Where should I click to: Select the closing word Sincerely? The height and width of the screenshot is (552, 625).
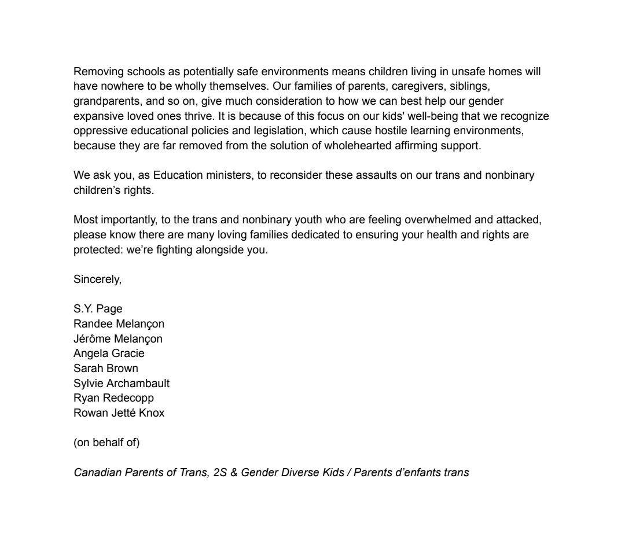pos(97,279)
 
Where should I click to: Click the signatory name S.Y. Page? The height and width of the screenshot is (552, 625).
pos(98,309)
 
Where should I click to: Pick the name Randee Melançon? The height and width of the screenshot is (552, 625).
pos(119,324)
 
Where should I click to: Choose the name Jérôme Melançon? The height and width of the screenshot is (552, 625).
pos(118,338)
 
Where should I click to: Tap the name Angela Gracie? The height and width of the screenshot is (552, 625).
pos(109,354)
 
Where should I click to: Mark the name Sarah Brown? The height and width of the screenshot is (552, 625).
pos(106,369)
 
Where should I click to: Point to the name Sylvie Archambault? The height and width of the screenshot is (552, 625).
pos(122,384)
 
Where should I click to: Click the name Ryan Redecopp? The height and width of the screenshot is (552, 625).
pos(113,398)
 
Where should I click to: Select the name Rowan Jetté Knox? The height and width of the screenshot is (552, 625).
pos(119,413)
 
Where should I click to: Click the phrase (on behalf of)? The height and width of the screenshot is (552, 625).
pos(106,443)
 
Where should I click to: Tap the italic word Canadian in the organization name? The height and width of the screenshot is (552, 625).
pos(97,473)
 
